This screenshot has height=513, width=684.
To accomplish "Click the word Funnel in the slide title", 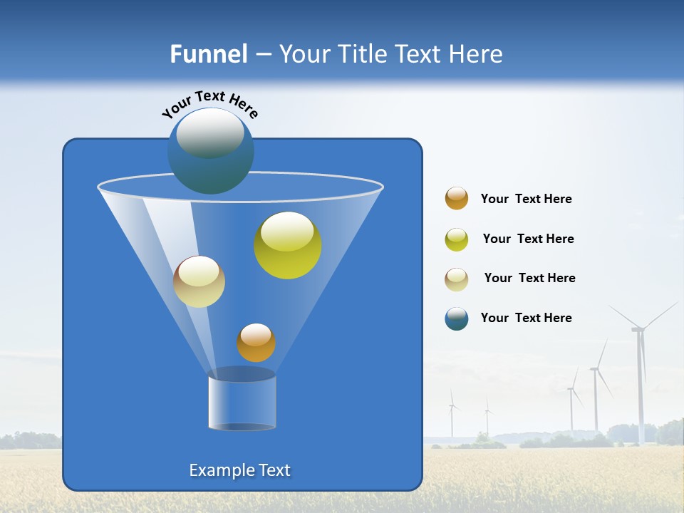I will tap(209, 54).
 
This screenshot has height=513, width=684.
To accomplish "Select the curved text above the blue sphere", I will tap(209, 105).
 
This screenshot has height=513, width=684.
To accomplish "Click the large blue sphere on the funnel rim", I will tap(210, 151).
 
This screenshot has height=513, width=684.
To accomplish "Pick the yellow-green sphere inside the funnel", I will tap(287, 245).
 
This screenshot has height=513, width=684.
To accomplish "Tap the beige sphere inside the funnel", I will tap(199, 281).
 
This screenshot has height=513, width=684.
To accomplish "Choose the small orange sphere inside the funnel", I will tap(256, 343).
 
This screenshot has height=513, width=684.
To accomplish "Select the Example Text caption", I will tap(239, 470).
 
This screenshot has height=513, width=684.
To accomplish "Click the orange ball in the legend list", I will tap(457, 199).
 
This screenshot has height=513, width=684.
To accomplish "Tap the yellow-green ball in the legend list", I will tap(457, 239).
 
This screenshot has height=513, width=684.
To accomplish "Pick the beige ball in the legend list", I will tap(457, 279).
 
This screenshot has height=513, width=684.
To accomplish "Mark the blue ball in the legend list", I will tap(457, 318).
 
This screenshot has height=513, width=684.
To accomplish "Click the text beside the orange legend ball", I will tap(526, 199).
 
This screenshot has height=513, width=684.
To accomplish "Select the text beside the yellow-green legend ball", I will tap(528, 239).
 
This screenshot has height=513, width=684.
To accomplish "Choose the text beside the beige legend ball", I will tap(529, 278).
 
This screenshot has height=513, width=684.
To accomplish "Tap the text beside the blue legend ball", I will tap(526, 318).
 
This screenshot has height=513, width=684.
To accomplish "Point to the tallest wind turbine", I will tap(639, 370).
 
